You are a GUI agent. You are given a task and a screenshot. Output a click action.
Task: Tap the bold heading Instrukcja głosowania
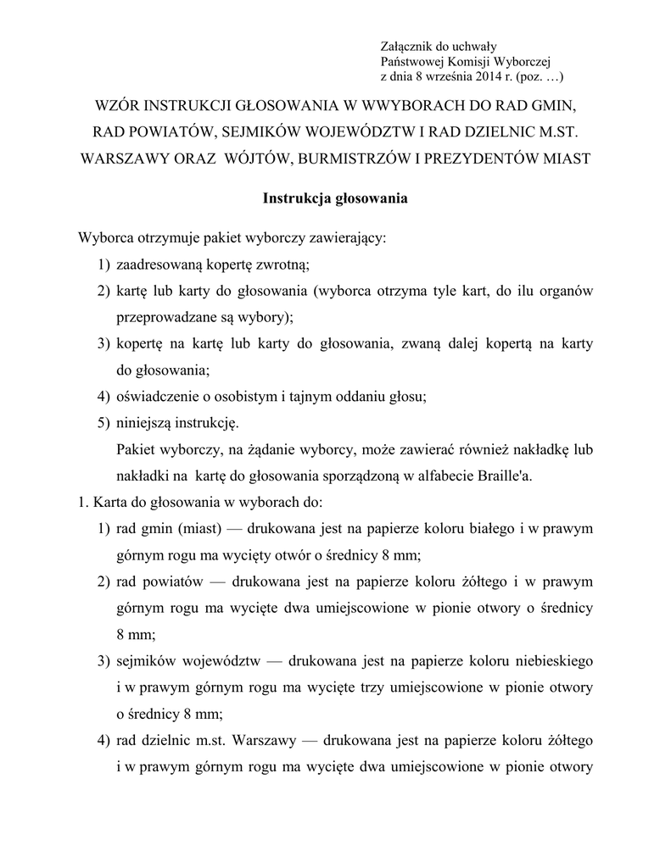[336, 199]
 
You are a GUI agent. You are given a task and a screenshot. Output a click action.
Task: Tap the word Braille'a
[506, 475]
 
